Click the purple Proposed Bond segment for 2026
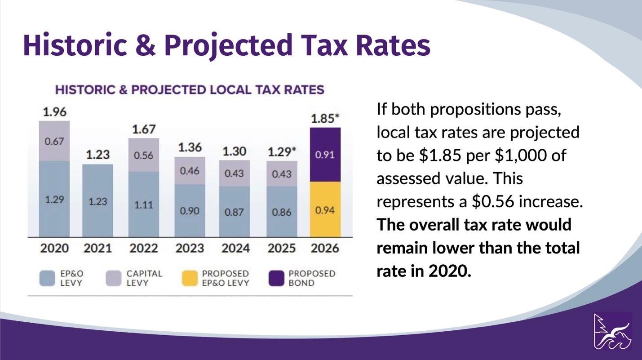pyautogui.click(x=325, y=155)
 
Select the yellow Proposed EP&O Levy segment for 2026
pyautogui.click(x=325, y=209)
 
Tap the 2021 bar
pyautogui.click(x=97, y=201)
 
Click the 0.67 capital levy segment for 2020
pyautogui.click(x=54, y=141)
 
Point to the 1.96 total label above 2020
pyautogui.click(x=54, y=112)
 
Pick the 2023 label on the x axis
pyautogui.click(x=190, y=248)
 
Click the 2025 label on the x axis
pyautogui.click(x=282, y=248)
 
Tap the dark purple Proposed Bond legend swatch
pyautogui.click(x=276, y=278)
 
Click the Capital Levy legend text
pyautogui.click(x=144, y=278)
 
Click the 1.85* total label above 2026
pyautogui.click(x=325, y=119)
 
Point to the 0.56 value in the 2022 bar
pyautogui.click(x=144, y=156)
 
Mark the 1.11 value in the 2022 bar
pyautogui.click(x=144, y=205)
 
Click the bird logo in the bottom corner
pyautogui.click(x=613, y=331)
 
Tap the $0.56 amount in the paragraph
pyautogui.click(x=492, y=202)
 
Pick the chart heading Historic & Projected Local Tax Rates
pyautogui.click(x=189, y=89)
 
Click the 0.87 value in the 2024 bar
pyautogui.click(x=234, y=211)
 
